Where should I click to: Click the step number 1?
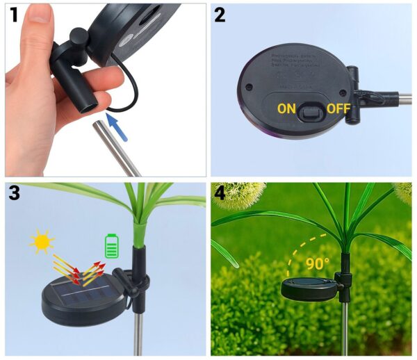(13, 14)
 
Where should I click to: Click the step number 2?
(220, 14)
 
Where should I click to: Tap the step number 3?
(14, 194)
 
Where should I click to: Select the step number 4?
(220, 194)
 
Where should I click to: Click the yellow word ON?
(286, 108)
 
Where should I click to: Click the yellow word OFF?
(338, 108)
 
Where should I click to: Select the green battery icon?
(111, 246)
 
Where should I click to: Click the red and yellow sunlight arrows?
(77, 270)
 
